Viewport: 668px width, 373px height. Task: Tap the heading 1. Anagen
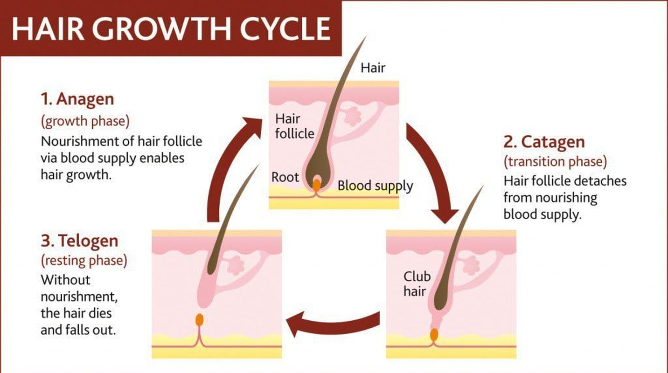click(77, 99)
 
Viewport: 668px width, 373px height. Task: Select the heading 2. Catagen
click(544, 142)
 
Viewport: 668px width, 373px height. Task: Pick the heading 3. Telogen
click(79, 241)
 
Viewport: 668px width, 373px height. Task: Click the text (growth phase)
click(85, 121)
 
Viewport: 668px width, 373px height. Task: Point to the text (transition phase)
click(555, 162)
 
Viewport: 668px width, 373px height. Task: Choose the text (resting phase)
click(84, 260)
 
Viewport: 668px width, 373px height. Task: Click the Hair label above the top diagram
click(373, 68)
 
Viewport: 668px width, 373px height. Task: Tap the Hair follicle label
click(294, 126)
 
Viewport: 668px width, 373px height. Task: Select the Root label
click(285, 177)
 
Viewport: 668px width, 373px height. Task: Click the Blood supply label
click(375, 186)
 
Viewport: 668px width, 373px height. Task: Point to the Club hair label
click(417, 284)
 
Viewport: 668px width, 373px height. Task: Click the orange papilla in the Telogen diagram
click(200, 320)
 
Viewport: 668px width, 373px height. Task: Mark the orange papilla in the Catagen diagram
click(434, 334)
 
